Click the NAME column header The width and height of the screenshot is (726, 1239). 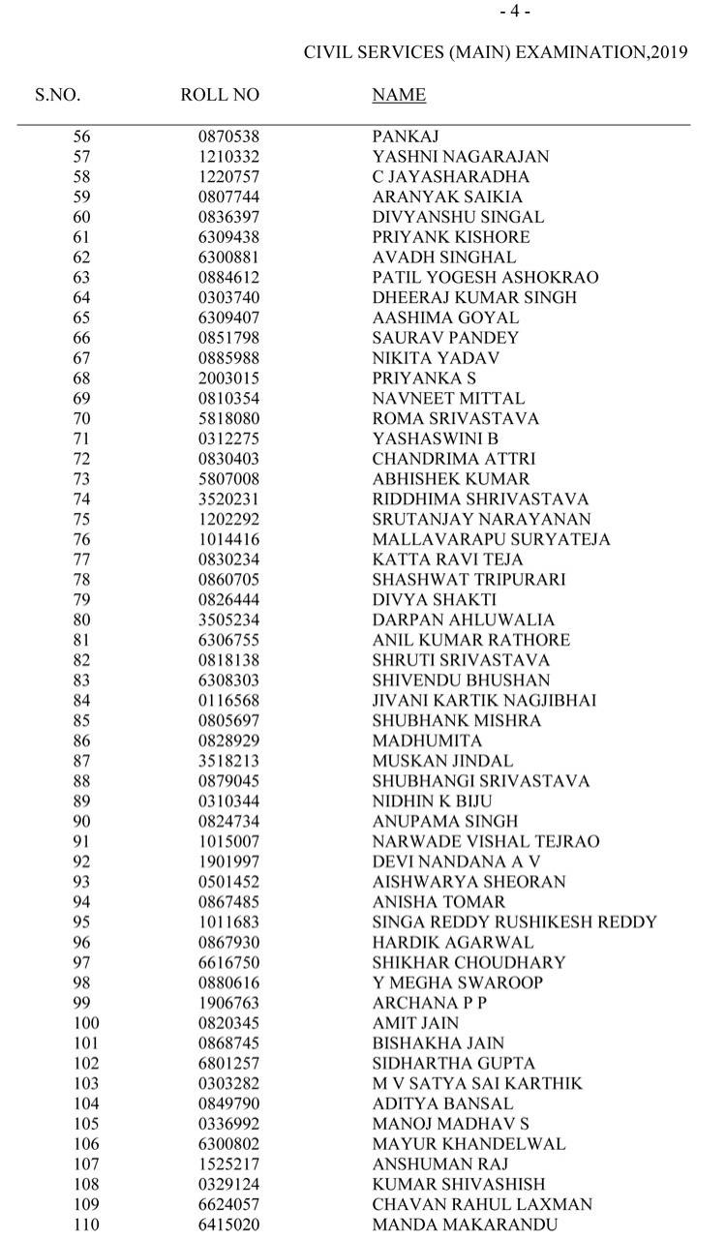[x=399, y=95]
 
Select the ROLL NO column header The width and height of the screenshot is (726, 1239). [x=220, y=95]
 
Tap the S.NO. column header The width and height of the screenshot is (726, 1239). [x=58, y=95]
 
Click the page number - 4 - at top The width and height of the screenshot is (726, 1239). [x=515, y=12]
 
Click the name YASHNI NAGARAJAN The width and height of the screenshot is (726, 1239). [x=460, y=157]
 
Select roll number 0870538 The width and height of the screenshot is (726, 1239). [x=229, y=136]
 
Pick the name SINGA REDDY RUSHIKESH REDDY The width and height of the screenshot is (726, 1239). [x=515, y=922]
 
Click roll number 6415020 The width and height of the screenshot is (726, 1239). [x=229, y=1224]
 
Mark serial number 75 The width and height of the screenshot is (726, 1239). [x=81, y=519]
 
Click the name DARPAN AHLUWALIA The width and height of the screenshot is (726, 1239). [x=464, y=619]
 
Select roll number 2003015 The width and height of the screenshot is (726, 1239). [x=229, y=378]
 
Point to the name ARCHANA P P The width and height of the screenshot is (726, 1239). [x=429, y=1003]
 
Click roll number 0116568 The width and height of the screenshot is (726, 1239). [x=229, y=700]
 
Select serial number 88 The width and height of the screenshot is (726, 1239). [x=81, y=781]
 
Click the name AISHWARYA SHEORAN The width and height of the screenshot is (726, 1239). [x=469, y=882]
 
